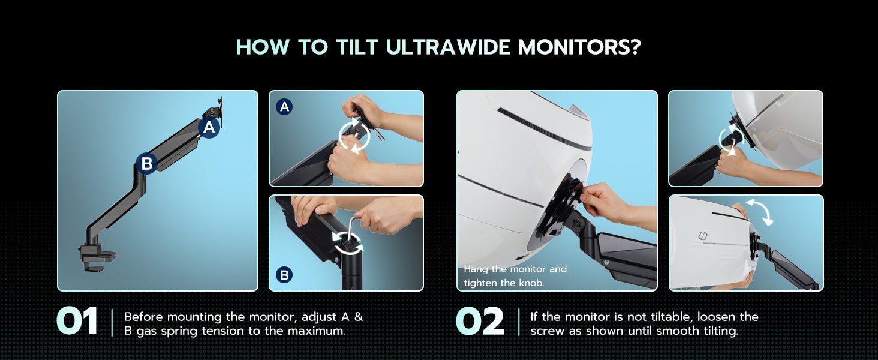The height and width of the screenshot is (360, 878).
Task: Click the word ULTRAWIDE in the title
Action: click(449, 47)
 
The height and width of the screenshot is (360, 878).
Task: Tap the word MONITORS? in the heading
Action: click(580, 47)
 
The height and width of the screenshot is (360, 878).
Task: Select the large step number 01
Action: click(77, 322)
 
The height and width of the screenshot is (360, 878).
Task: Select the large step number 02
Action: click(480, 322)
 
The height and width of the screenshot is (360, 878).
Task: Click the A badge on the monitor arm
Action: click(209, 127)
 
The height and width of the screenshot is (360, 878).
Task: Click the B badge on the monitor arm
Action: click(146, 163)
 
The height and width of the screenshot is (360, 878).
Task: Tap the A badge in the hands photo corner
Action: click(284, 107)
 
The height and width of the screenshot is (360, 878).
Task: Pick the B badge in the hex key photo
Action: click(284, 275)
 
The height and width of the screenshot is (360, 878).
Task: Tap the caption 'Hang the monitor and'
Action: click(515, 269)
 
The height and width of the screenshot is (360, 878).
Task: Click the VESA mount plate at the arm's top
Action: click(220, 112)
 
